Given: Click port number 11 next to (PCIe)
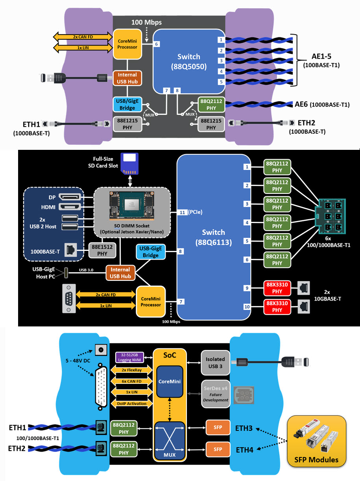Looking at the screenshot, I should point(182,212).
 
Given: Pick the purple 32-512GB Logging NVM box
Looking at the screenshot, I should point(128,358).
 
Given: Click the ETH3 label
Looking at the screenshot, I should point(244,428).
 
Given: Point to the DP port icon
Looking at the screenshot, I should point(70,196).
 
